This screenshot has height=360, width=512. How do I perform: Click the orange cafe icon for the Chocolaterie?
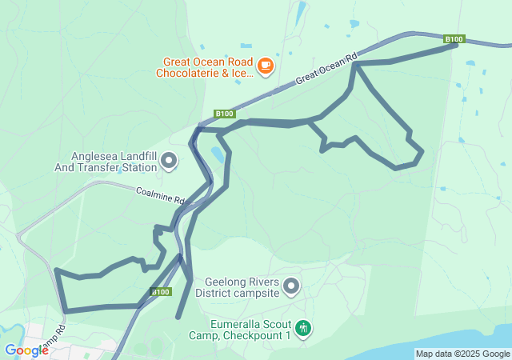coord(266,65)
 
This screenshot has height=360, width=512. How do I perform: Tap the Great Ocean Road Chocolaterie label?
coord(207,67)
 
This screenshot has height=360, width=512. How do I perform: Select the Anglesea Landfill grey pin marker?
coord(169,162)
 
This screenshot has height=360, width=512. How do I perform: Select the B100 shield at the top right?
coord(454,38)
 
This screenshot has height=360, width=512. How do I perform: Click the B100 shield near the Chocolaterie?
coord(224,114)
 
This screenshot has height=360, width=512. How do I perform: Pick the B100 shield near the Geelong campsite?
coord(160,292)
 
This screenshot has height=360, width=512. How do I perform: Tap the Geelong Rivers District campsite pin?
coord(291,286)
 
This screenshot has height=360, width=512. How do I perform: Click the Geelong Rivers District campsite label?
coord(242,287)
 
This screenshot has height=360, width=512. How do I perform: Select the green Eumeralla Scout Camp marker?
coord(302,327)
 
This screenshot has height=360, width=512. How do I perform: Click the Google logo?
coord(26,350)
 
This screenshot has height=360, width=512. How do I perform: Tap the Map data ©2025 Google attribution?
coord(462,354)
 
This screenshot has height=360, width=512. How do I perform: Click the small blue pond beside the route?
coord(216,153)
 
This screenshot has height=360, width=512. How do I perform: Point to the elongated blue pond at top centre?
coord(300,12)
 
